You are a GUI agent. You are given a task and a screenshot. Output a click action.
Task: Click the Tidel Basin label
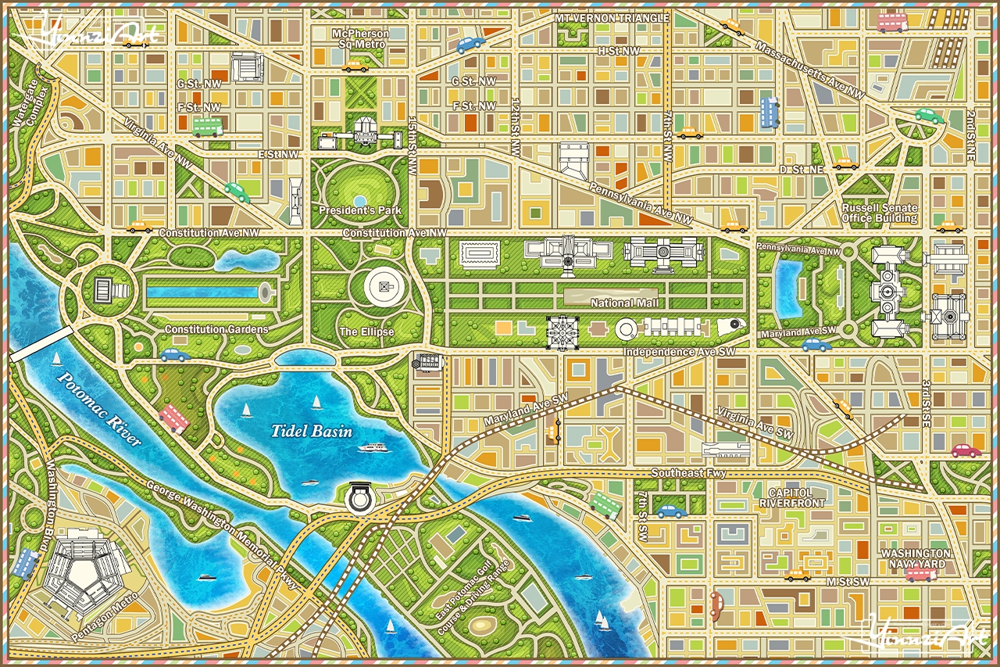click(x=311, y=431)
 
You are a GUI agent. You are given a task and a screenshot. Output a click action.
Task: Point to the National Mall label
click(x=624, y=303)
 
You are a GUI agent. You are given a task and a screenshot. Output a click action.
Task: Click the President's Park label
click(x=359, y=210)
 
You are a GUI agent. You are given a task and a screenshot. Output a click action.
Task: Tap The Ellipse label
click(x=366, y=332)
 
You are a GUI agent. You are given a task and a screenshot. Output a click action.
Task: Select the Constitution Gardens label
click(x=216, y=329)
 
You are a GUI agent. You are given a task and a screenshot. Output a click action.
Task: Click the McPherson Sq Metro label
click(x=359, y=39)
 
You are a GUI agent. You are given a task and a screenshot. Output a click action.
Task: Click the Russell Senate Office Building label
click(x=879, y=213)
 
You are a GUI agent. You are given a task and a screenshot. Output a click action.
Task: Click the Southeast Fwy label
click(x=689, y=473)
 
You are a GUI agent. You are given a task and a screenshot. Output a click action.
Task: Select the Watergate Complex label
click(x=30, y=106)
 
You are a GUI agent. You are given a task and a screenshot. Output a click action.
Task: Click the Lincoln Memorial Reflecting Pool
click(x=202, y=292)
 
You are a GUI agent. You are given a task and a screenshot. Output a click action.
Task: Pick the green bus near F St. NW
click(x=208, y=127)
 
